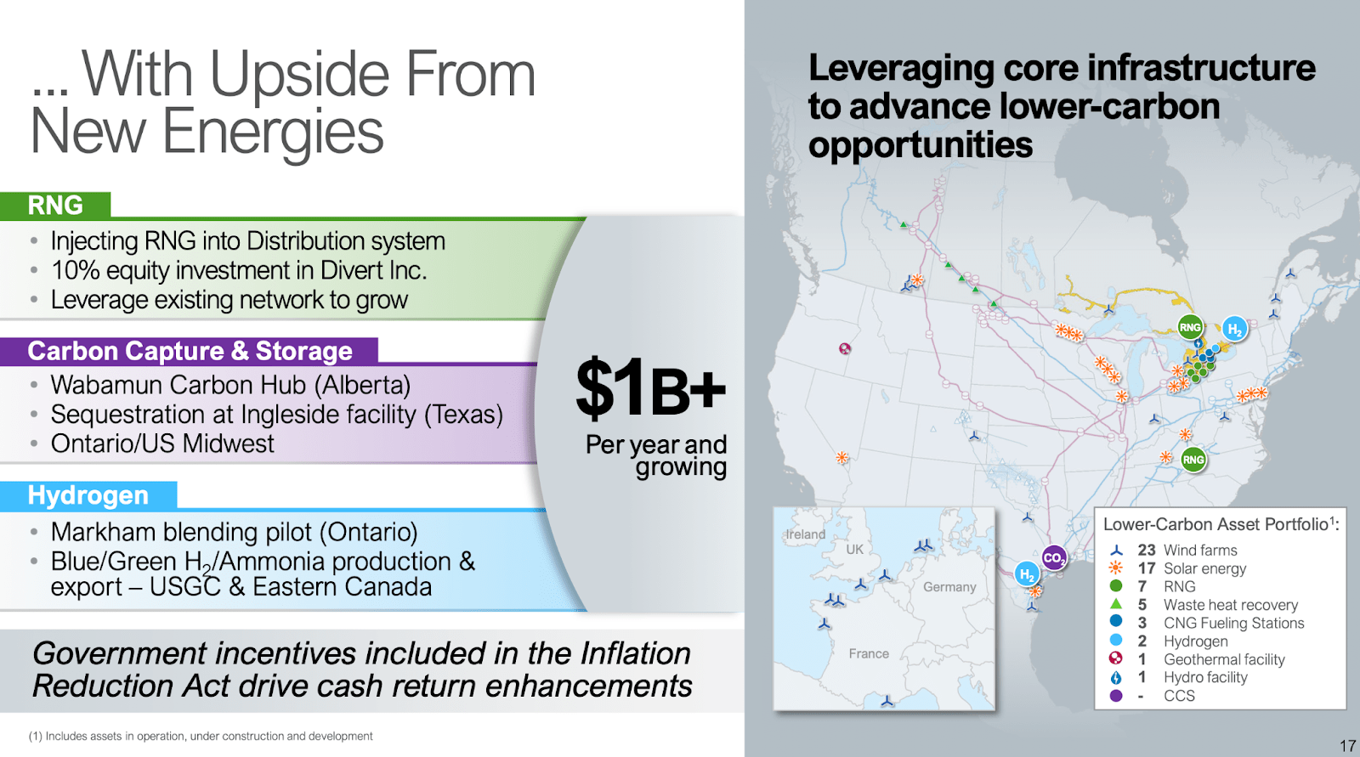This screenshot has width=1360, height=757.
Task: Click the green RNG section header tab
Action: pyautogui.click(x=55, y=205)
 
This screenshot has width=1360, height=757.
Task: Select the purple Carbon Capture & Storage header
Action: pyautogui.click(x=190, y=351)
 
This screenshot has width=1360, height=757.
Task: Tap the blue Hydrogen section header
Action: pyautogui.click(x=88, y=495)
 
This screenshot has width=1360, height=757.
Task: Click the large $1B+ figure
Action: pyautogui.click(x=650, y=389)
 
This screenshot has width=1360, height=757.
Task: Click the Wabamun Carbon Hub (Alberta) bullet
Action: pyautogui.click(x=230, y=385)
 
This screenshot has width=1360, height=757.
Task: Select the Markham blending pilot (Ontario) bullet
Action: pyautogui.click(x=234, y=532)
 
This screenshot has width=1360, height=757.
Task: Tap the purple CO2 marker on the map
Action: pyautogui.click(x=1054, y=558)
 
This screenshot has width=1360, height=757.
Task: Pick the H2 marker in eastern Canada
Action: pyautogui.click(x=1234, y=329)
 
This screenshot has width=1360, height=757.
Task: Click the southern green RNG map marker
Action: pyautogui.click(x=1193, y=460)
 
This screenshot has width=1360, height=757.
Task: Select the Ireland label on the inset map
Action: pyautogui.click(x=805, y=534)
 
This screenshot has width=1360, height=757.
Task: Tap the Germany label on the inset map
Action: pyautogui.click(x=949, y=587)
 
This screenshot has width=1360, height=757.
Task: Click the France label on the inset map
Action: pyautogui.click(x=869, y=653)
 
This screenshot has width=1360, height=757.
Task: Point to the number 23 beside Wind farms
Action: pyautogui.click(x=1147, y=550)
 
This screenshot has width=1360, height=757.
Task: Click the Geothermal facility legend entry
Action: pyautogui.click(x=1224, y=659)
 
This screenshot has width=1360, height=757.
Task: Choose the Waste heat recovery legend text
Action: pyautogui.click(x=1230, y=605)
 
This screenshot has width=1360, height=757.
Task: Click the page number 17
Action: pyautogui.click(x=1347, y=746)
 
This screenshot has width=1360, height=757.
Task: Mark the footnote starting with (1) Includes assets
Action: pyautogui.click(x=201, y=736)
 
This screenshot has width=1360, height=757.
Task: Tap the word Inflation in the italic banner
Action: pyautogui.click(x=635, y=653)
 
